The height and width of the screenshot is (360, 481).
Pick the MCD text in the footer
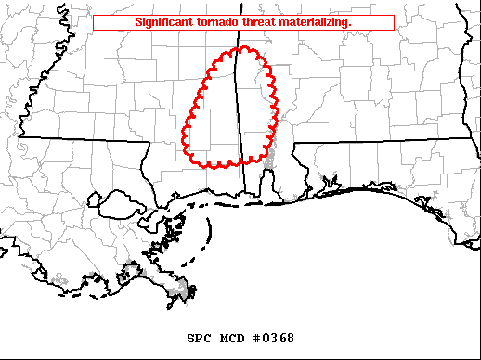tap(230, 338)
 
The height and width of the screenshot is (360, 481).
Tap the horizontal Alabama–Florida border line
tap(381, 141)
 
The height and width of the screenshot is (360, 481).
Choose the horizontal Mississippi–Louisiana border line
tap(84, 139)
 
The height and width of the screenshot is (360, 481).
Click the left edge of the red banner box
tap(94, 21)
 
